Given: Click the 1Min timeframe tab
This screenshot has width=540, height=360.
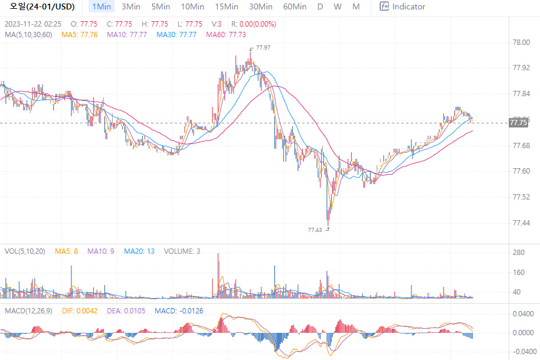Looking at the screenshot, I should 102,6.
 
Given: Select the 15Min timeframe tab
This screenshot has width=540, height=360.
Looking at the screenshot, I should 227,6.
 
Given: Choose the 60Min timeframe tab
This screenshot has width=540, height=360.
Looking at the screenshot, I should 294,6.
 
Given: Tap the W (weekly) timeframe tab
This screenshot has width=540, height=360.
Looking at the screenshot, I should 338,6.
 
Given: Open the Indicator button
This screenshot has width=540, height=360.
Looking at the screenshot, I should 402,6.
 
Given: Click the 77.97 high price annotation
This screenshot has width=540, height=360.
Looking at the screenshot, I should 263,47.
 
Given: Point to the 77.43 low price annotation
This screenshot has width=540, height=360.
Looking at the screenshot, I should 315,230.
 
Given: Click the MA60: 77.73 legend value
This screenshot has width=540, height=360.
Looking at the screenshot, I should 226,35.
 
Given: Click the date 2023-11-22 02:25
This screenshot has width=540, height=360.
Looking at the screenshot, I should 33,24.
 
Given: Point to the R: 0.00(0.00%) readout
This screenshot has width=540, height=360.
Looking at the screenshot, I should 253,24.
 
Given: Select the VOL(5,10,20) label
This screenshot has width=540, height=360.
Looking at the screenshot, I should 25,251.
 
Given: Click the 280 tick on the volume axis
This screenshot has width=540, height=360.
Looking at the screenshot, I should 519,253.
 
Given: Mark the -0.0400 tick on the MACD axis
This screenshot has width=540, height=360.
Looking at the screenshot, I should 522,352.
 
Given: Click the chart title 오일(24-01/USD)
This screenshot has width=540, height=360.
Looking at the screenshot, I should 42,6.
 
